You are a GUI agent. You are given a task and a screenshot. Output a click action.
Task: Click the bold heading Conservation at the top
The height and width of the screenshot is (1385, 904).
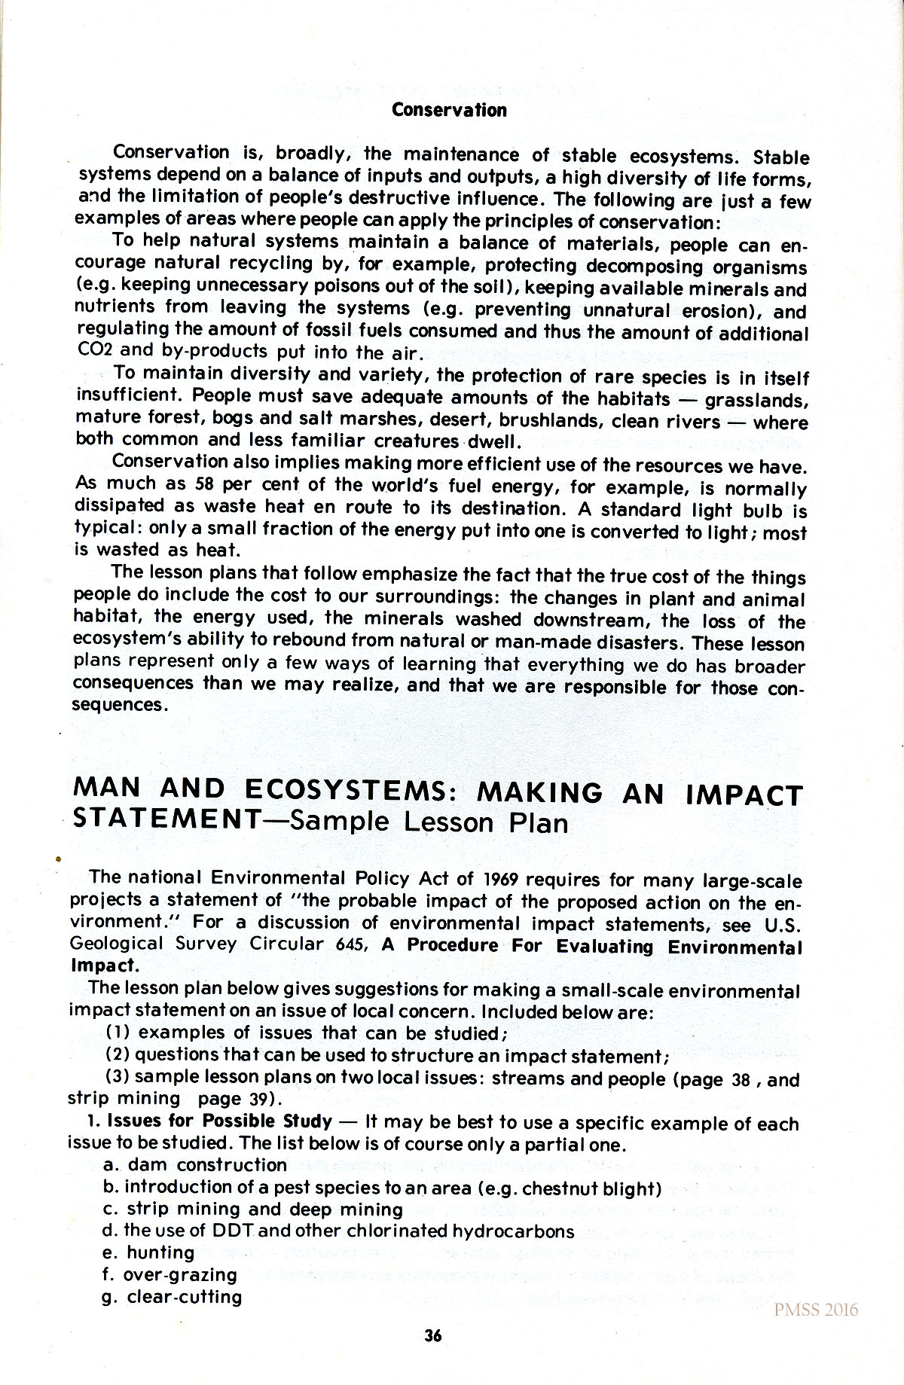(x=449, y=110)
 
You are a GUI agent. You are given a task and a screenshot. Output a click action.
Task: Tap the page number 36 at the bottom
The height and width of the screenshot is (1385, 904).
(x=432, y=1335)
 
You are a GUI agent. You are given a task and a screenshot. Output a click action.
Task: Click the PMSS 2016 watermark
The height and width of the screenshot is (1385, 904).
(x=816, y=1310)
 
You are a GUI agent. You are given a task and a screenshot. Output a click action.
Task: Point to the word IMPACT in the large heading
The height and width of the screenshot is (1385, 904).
(x=744, y=795)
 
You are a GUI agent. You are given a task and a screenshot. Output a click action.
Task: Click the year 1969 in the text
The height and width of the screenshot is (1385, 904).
(x=501, y=879)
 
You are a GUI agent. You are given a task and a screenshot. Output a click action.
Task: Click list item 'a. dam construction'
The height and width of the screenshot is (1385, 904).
(x=195, y=1165)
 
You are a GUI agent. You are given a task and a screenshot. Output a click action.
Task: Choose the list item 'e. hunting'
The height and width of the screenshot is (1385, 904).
(x=149, y=1252)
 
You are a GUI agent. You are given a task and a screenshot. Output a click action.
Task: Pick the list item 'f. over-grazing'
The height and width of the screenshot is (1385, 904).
(x=169, y=1274)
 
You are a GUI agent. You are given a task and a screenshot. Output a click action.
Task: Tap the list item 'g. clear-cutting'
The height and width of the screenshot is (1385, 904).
(x=173, y=1297)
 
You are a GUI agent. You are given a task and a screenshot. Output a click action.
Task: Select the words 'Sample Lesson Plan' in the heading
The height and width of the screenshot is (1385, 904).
(x=428, y=821)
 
